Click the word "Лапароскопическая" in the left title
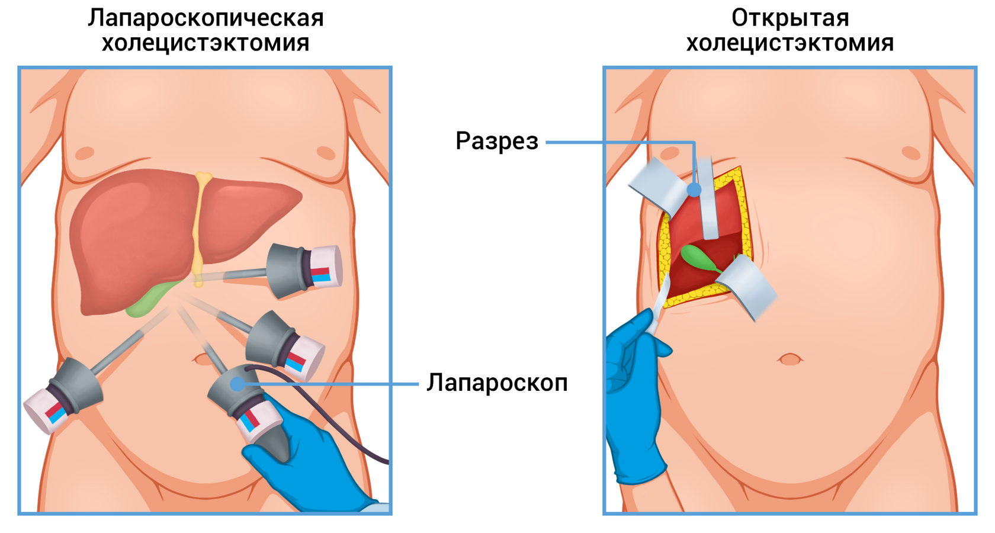pos(206,18)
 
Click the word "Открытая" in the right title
pos(790,18)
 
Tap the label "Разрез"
pos(496,142)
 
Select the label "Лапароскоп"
pos(497,383)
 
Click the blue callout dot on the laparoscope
pos(237,384)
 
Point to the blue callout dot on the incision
pos(694,190)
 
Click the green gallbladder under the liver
pos(148,299)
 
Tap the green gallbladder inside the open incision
pos(696,258)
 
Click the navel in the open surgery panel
pos(789,359)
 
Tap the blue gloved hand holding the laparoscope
pos(308,468)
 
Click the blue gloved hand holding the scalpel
pos(634,403)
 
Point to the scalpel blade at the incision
pos(660,302)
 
